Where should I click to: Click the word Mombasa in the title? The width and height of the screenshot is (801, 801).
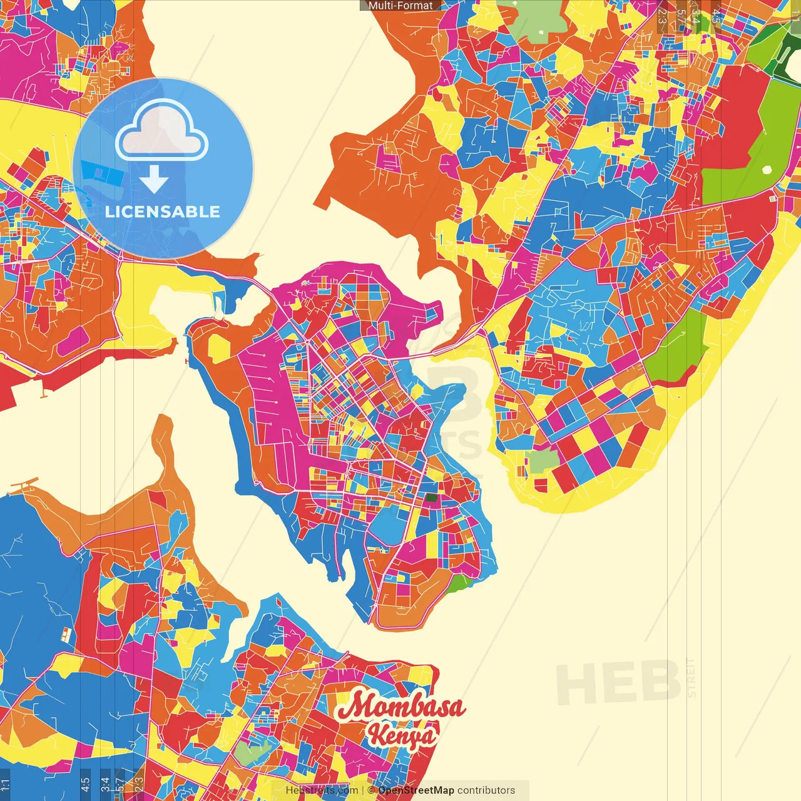coord(401,707)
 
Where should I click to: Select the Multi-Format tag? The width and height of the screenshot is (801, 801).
coord(400,6)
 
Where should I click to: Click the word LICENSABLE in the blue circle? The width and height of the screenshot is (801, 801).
coord(163,212)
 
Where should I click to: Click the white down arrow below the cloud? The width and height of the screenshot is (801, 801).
coord(154,180)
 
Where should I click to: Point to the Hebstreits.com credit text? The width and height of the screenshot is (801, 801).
coord(322,790)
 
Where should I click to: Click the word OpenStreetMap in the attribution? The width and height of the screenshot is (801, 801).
coord(416,790)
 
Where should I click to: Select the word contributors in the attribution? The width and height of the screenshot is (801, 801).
coord(486,790)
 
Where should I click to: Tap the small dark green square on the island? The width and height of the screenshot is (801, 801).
coord(432,499)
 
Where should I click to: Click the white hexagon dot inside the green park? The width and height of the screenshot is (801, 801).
coord(767,169)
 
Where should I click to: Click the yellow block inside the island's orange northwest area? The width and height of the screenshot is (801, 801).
coord(220,348)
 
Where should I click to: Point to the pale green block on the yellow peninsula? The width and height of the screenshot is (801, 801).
coord(543,461)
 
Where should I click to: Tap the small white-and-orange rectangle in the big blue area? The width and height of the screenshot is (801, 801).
coord(65,635)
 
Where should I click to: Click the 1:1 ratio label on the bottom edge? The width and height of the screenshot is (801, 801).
coord(5,783)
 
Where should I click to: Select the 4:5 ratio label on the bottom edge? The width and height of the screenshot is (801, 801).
coord(85,783)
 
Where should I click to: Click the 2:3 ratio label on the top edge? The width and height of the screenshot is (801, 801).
coord(662,16)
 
